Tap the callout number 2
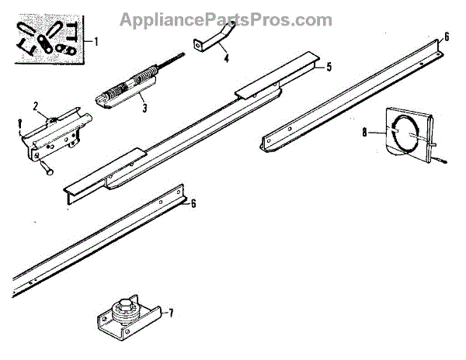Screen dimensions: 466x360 pos(36,105)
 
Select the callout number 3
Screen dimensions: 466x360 pos(144,108)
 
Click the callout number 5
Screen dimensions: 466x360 pos(329,67)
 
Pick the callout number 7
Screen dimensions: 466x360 pos(171,313)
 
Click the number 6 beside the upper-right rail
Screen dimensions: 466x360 pos(447,36)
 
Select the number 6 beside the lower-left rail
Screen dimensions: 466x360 pos(193,204)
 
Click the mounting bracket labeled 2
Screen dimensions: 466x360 pos(58,136)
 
